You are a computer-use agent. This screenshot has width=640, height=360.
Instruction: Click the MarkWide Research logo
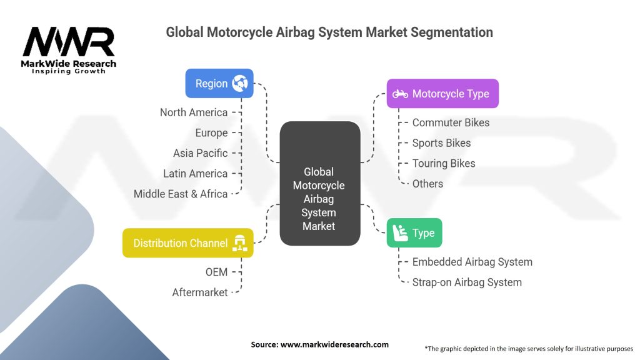(x=69, y=50)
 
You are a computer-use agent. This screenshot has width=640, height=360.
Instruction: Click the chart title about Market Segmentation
(x=329, y=32)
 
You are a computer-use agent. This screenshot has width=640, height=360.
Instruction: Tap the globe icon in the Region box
(x=239, y=84)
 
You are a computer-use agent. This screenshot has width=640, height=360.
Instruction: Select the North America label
(x=194, y=112)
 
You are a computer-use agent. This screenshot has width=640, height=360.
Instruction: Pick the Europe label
(x=211, y=133)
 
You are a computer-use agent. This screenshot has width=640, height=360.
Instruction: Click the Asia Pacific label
(x=201, y=153)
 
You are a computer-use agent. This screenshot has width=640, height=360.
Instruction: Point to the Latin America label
(x=196, y=174)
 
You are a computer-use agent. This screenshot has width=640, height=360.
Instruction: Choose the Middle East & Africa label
(x=181, y=194)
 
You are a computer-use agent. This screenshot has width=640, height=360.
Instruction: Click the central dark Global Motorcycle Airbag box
(x=319, y=198)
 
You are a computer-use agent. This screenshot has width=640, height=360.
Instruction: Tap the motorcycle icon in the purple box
(x=400, y=94)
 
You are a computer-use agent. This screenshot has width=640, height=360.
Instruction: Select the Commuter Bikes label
(x=451, y=122)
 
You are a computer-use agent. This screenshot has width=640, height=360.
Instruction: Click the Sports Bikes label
(x=441, y=143)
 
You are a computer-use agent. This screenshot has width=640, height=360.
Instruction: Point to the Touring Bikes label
(x=444, y=163)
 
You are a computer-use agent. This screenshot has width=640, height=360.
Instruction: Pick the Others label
(x=427, y=184)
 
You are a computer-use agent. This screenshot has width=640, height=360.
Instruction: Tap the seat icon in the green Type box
(x=399, y=233)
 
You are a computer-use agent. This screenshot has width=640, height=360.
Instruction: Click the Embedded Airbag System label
(x=472, y=262)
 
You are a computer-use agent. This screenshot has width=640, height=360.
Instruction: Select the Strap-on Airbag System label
(x=467, y=282)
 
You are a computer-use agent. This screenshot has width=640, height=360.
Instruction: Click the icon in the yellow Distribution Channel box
(x=239, y=243)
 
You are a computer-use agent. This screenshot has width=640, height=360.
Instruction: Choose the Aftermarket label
(x=200, y=292)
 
